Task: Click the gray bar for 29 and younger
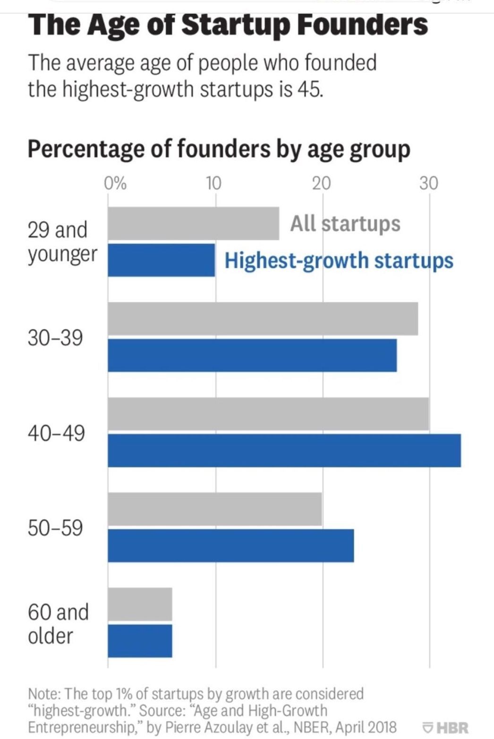pyautogui.click(x=193, y=223)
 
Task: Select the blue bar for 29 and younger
pyautogui.click(x=161, y=260)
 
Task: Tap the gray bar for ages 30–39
pyautogui.click(x=263, y=319)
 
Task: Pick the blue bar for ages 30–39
pyautogui.click(x=252, y=355)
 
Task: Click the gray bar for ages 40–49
pyautogui.click(x=268, y=414)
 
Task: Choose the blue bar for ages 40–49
pyautogui.click(x=284, y=450)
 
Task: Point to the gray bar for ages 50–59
pyautogui.click(x=215, y=509)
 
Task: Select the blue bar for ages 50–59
pyautogui.click(x=230, y=545)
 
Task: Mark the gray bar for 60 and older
pyautogui.click(x=140, y=604)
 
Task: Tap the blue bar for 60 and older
pyautogui.click(x=140, y=641)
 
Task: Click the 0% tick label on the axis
pyautogui.click(x=115, y=183)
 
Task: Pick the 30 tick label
pyautogui.click(x=429, y=183)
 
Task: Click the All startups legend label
pyautogui.click(x=345, y=223)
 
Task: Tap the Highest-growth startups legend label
pyautogui.click(x=339, y=261)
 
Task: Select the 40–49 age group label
pyautogui.click(x=56, y=433)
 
